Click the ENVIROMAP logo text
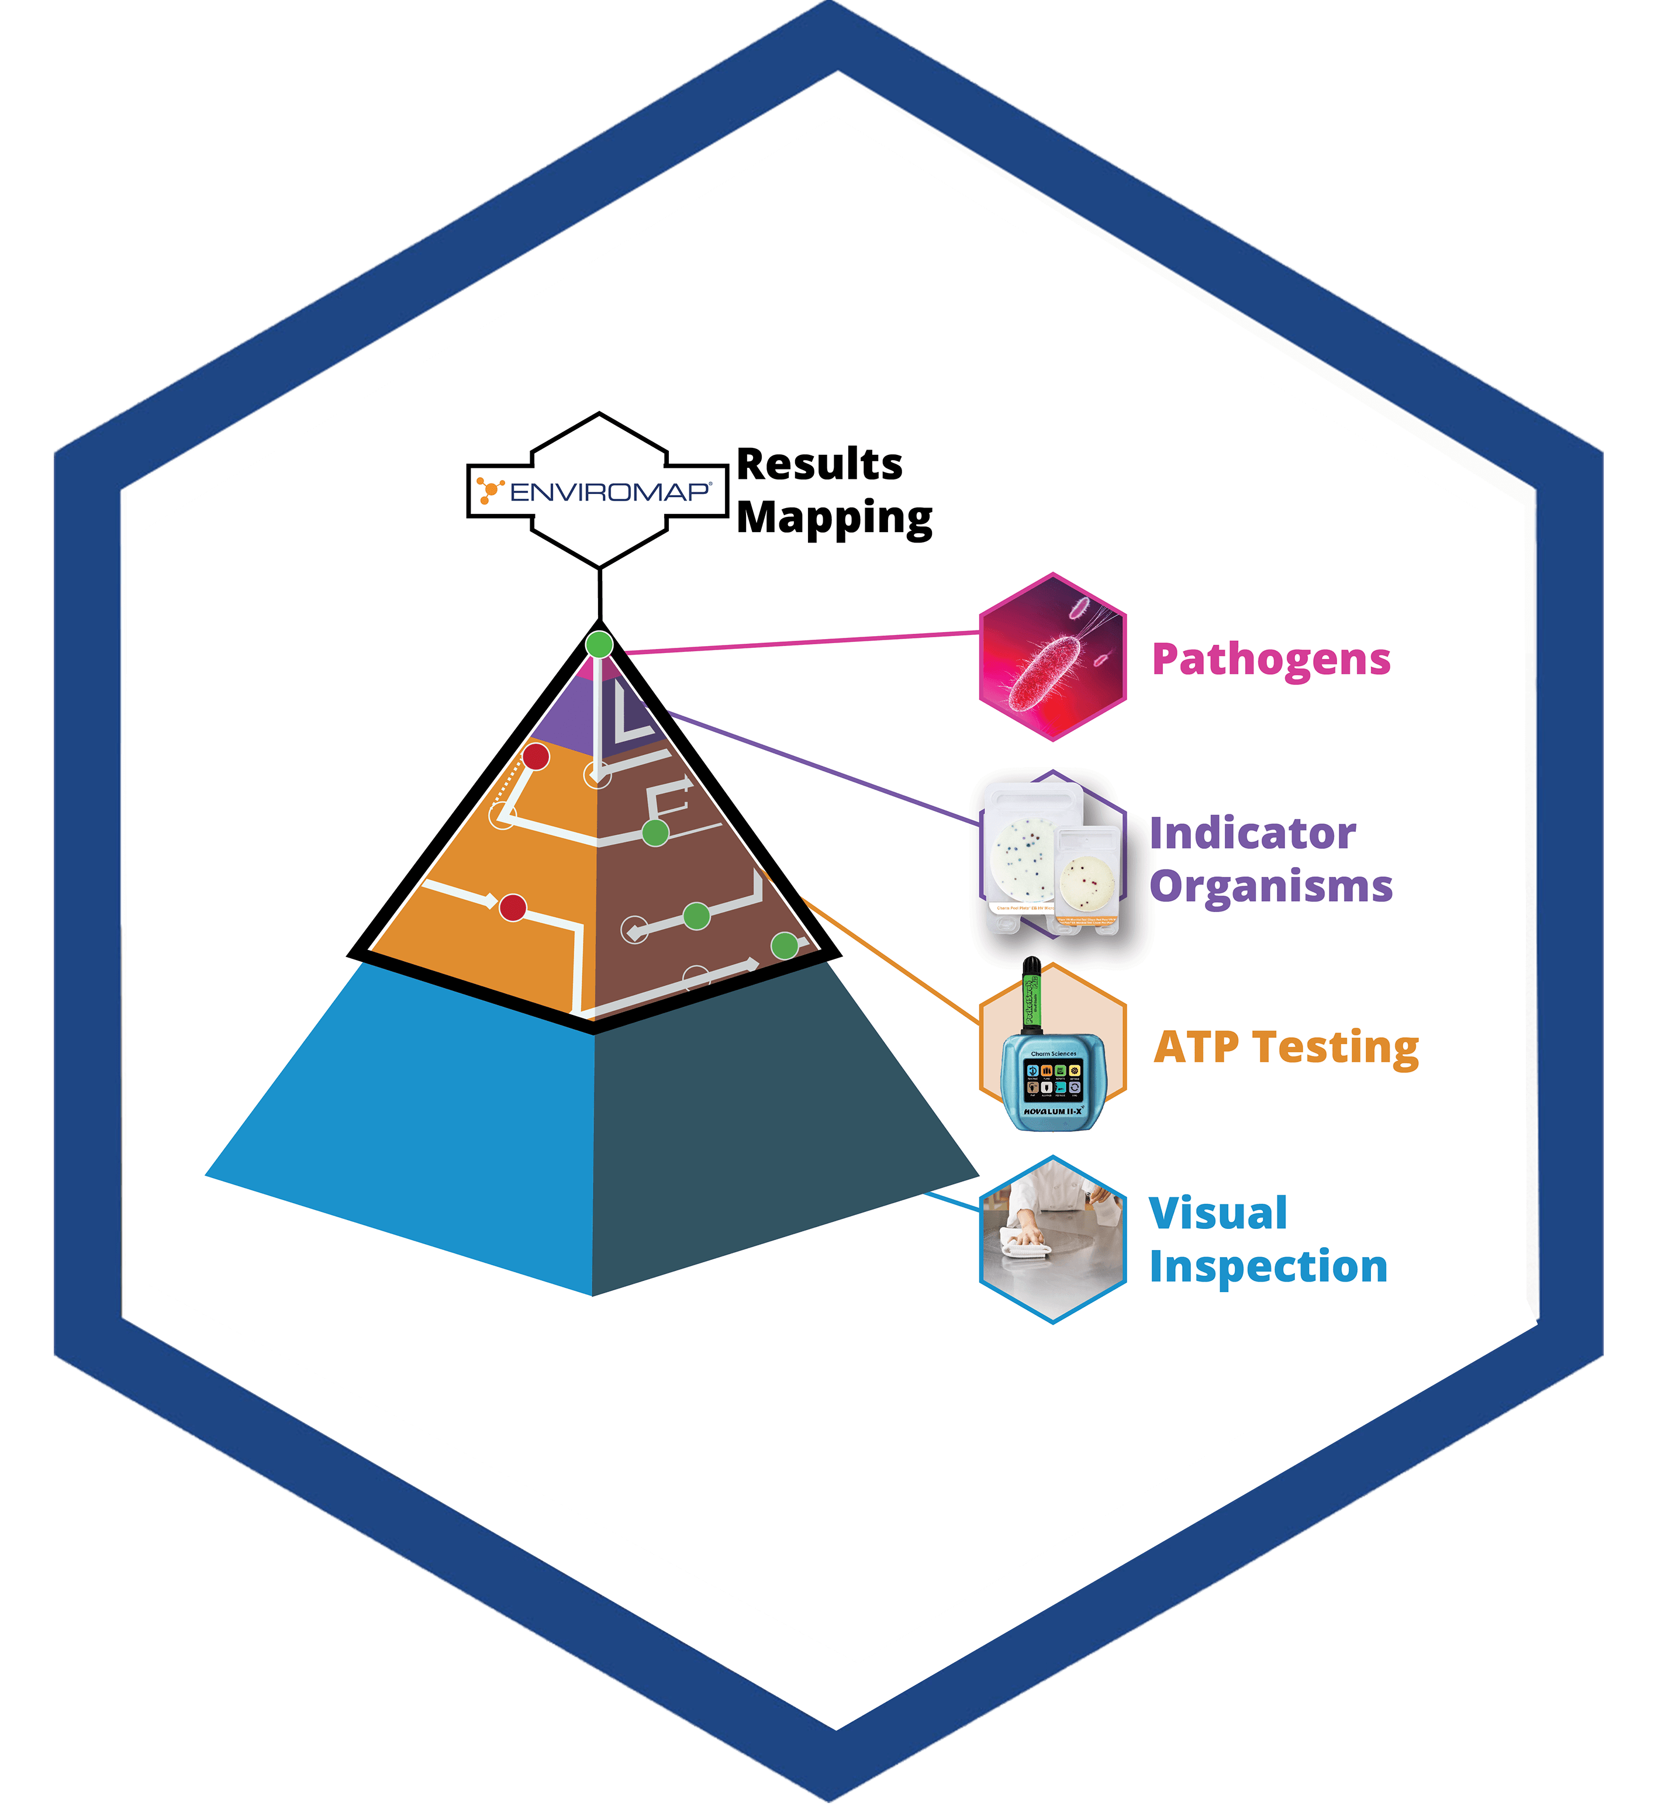(609, 492)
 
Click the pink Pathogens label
(1271, 659)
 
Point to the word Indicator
(1252, 833)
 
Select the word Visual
(1218, 1214)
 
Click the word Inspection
(1268, 1267)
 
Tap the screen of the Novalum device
(1052, 1079)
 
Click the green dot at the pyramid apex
(599, 644)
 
